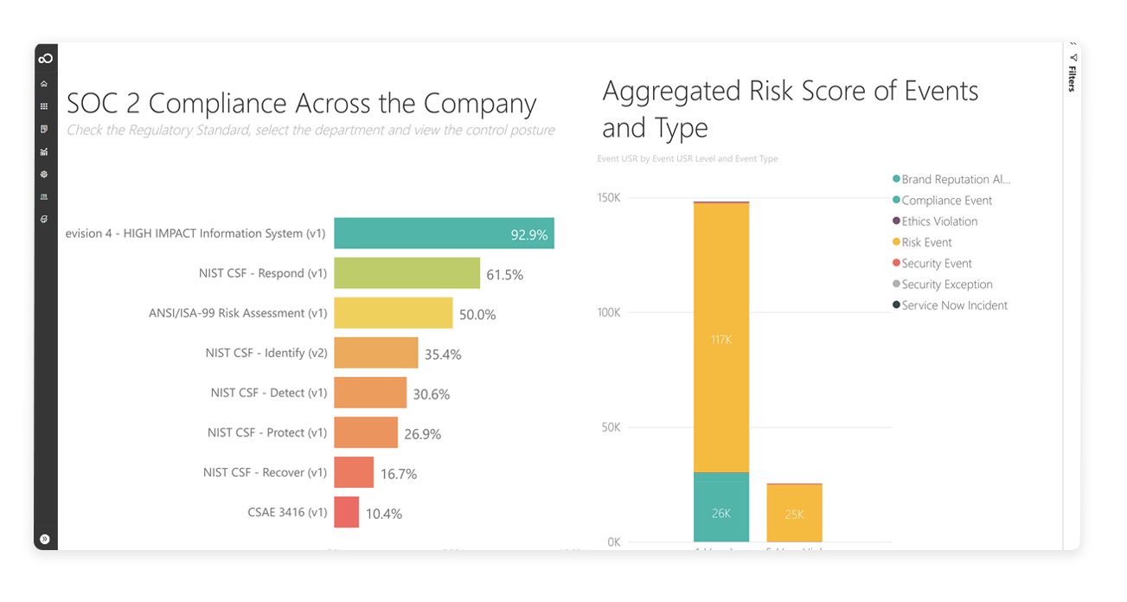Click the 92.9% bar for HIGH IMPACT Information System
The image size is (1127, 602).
tap(443, 234)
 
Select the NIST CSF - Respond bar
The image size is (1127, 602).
tap(407, 273)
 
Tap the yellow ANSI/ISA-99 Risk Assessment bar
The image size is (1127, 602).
tap(393, 313)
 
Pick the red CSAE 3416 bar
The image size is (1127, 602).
tap(346, 512)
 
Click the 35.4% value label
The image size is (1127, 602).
tap(442, 354)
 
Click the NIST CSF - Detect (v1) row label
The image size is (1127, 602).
tap(269, 393)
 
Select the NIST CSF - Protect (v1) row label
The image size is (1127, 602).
tap(267, 432)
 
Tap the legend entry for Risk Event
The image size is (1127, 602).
tap(926, 242)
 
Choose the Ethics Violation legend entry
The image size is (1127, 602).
tap(939, 221)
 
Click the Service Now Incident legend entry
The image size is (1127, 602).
tap(954, 305)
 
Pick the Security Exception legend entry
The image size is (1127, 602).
tap(947, 285)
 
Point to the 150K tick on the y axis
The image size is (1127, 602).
tap(608, 198)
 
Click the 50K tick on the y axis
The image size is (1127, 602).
tap(610, 427)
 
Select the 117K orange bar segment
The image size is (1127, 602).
tap(721, 339)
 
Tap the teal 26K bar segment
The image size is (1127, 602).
tap(721, 512)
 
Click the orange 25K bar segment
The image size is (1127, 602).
tap(794, 515)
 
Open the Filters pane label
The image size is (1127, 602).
tap(1072, 77)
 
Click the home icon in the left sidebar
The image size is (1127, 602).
tap(44, 84)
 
